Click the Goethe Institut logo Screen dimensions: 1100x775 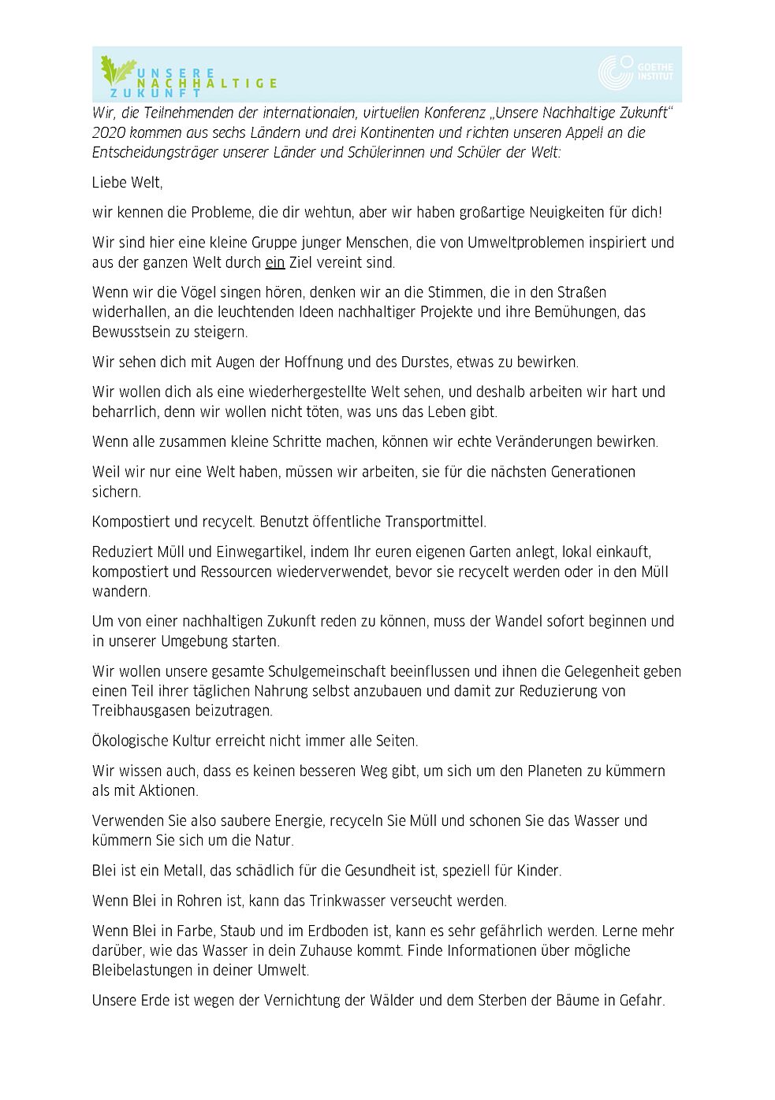pos(635,72)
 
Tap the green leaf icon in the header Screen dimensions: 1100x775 pos(116,72)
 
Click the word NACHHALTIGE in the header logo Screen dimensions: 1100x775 pos(207,83)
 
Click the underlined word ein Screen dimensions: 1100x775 pos(274,263)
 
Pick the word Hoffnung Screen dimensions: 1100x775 pos(313,362)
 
